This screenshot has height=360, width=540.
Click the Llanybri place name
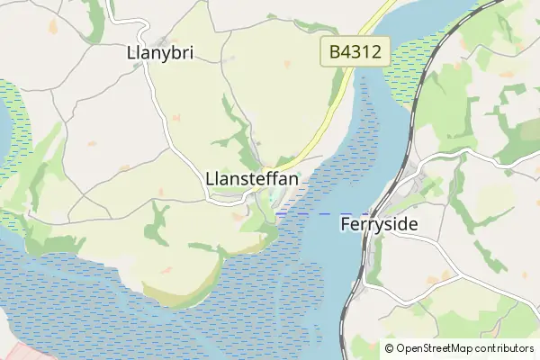point(161,54)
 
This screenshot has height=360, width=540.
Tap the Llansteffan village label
point(252,179)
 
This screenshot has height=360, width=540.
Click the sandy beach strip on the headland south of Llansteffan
point(180,296)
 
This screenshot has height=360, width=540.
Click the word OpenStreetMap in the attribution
point(436,348)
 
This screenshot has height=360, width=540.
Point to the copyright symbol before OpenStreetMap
point(390,348)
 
